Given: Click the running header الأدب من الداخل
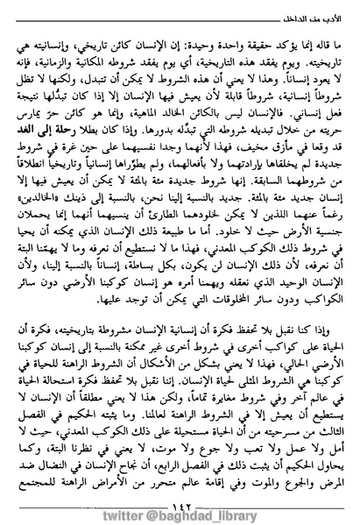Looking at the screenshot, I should [x=297, y=12].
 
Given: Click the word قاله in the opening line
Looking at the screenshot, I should [x=316, y=38].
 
